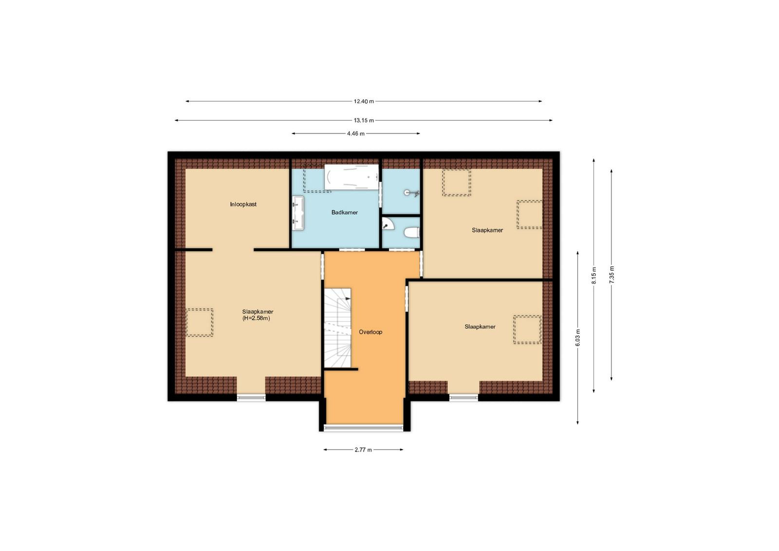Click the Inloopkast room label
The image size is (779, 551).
click(243, 204)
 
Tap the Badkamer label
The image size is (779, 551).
click(344, 212)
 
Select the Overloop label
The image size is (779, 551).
click(371, 332)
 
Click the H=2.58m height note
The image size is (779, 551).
click(256, 318)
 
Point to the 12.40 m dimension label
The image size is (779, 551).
click(364, 102)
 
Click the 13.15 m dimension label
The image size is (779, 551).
click(364, 121)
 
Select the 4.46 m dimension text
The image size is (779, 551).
click(356, 133)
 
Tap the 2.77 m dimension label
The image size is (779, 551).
click(363, 450)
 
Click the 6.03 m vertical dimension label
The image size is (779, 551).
click(577, 337)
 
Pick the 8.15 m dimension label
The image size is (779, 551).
click(594, 275)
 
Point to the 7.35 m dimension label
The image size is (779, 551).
click(612, 275)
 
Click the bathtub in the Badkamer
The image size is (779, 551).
click(351, 177)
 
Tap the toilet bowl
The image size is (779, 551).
click(412, 233)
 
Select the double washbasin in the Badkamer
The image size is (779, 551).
click(298, 213)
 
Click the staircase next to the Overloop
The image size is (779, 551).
click(337, 328)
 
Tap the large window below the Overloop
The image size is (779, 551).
click(363, 427)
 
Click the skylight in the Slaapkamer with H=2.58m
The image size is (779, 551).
click(199, 322)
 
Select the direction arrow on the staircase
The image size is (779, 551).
click(347, 298)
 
